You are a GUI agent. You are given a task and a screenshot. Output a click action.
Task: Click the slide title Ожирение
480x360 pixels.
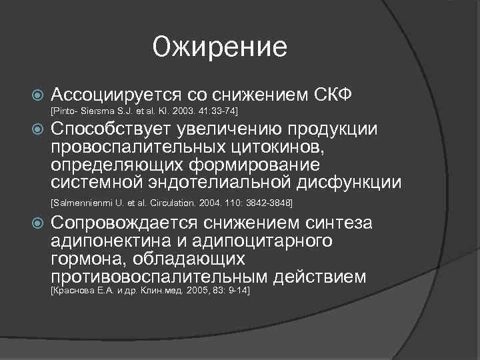219,47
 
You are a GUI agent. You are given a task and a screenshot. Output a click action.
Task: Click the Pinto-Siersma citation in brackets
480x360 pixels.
144,109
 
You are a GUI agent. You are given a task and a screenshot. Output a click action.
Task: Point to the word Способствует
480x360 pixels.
111,129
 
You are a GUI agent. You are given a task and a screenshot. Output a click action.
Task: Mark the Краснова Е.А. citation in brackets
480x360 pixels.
150,291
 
